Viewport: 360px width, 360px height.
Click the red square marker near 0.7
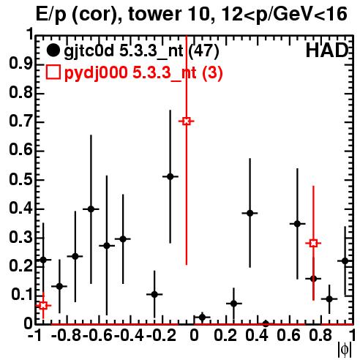click(x=187, y=121)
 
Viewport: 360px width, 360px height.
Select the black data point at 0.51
click(x=170, y=176)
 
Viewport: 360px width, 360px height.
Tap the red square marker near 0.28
click(x=313, y=243)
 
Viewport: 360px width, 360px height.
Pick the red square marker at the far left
click(x=43, y=305)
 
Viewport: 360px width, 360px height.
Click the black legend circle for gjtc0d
click(x=53, y=50)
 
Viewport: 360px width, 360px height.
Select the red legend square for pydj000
click(x=53, y=72)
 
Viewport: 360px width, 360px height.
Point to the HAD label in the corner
click(x=326, y=50)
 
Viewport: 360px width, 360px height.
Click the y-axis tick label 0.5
click(x=20, y=180)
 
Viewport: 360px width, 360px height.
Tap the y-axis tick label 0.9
click(x=20, y=64)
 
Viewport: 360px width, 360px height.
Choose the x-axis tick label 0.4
click(x=257, y=335)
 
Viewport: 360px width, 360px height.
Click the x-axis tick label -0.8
click(x=66, y=335)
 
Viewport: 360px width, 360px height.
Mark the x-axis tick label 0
click(x=194, y=335)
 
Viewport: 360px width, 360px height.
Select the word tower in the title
click(x=155, y=15)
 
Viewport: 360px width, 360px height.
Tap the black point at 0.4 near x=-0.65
click(x=91, y=209)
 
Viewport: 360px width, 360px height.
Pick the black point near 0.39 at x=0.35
click(x=250, y=213)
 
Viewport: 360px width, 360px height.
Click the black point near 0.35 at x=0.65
click(x=297, y=224)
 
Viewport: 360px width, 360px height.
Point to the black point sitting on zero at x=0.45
click(x=266, y=323)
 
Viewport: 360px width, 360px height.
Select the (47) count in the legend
click(x=203, y=51)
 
